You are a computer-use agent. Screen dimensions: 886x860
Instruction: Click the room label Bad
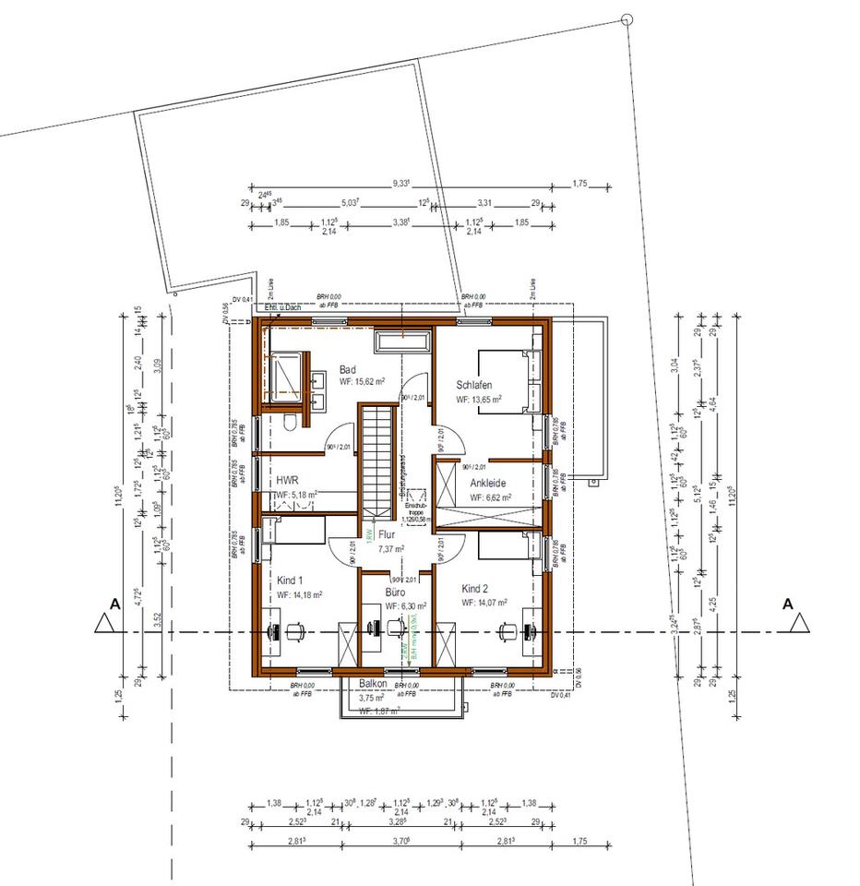point(348,369)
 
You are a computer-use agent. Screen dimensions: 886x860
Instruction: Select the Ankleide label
point(487,483)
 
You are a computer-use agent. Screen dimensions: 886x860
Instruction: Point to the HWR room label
point(287,481)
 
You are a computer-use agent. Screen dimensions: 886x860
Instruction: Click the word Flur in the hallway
point(387,533)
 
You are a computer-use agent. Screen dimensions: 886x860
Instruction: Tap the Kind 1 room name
point(292,581)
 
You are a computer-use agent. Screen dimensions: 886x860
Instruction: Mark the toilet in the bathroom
point(292,423)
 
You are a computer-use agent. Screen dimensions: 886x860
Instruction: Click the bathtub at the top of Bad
point(402,342)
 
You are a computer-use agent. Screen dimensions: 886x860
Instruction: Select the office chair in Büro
point(397,627)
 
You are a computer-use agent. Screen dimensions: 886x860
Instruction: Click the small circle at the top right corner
point(627,18)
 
